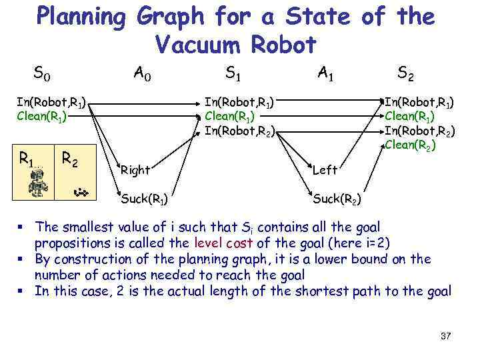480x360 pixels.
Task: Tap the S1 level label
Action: (x=233, y=71)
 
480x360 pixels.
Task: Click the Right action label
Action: (x=135, y=170)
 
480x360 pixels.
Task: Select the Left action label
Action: (x=325, y=171)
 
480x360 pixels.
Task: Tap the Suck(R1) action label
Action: (x=144, y=198)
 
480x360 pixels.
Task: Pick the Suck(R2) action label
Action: (x=337, y=198)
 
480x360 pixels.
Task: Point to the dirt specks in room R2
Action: (x=82, y=193)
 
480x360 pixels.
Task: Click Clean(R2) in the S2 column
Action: (x=410, y=144)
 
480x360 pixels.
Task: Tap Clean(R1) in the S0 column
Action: (x=42, y=116)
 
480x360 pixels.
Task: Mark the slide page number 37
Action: (x=446, y=336)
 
